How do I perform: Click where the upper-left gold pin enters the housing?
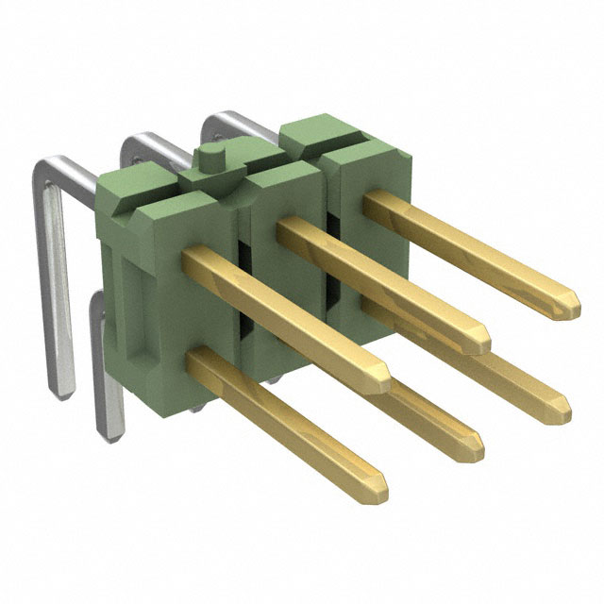tap(192, 260)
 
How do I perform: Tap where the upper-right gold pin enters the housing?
tap(370, 200)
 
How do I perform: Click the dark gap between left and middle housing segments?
tap(242, 283)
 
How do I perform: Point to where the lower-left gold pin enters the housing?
tap(201, 363)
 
